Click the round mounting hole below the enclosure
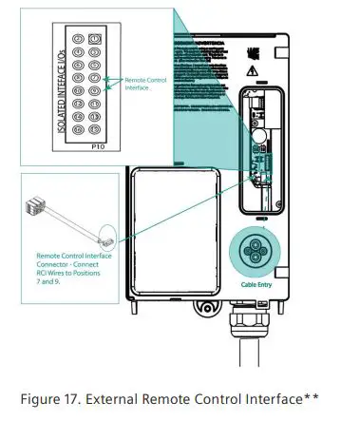(x=202, y=308)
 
